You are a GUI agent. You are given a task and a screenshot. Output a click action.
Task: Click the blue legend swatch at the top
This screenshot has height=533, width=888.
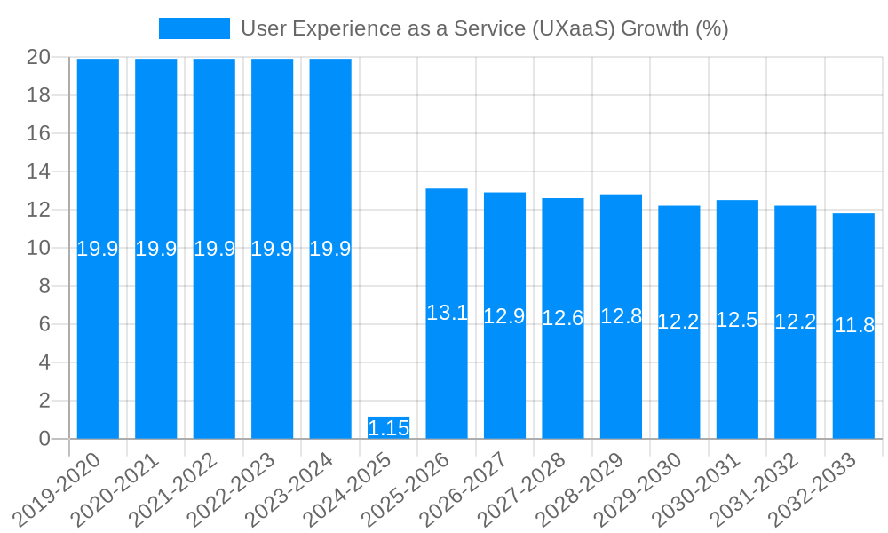[194, 28]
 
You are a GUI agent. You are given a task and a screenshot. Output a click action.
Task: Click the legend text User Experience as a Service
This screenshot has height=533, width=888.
[484, 28]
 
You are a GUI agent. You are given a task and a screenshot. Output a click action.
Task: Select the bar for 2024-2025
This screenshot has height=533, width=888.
[388, 428]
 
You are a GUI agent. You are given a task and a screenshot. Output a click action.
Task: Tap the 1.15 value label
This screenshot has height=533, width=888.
[388, 428]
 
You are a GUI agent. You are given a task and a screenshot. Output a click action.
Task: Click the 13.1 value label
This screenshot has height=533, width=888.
[447, 313]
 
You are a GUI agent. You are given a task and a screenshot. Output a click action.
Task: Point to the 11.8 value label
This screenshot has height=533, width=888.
[854, 325]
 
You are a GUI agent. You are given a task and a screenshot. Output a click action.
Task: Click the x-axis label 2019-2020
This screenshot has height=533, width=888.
[57, 489]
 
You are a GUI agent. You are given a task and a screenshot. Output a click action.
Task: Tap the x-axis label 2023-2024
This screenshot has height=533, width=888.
[289, 489]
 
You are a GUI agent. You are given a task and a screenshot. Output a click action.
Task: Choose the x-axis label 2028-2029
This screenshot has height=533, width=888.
[580, 489]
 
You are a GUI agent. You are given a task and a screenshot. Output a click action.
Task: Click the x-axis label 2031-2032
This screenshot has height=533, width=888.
[755, 489]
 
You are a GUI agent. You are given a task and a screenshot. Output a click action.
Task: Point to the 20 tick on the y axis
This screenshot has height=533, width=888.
[39, 57]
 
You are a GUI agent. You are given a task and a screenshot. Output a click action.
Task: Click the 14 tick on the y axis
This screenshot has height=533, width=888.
[39, 171]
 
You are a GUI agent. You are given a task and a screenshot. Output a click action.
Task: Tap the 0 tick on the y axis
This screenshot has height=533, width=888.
[44, 439]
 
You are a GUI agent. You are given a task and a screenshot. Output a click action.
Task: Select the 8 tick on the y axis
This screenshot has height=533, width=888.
[44, 286]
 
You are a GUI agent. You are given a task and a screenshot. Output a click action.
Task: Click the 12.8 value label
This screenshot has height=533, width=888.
[621, 316]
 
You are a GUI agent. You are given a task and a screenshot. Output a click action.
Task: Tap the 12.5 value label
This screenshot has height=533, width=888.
[737, 320]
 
